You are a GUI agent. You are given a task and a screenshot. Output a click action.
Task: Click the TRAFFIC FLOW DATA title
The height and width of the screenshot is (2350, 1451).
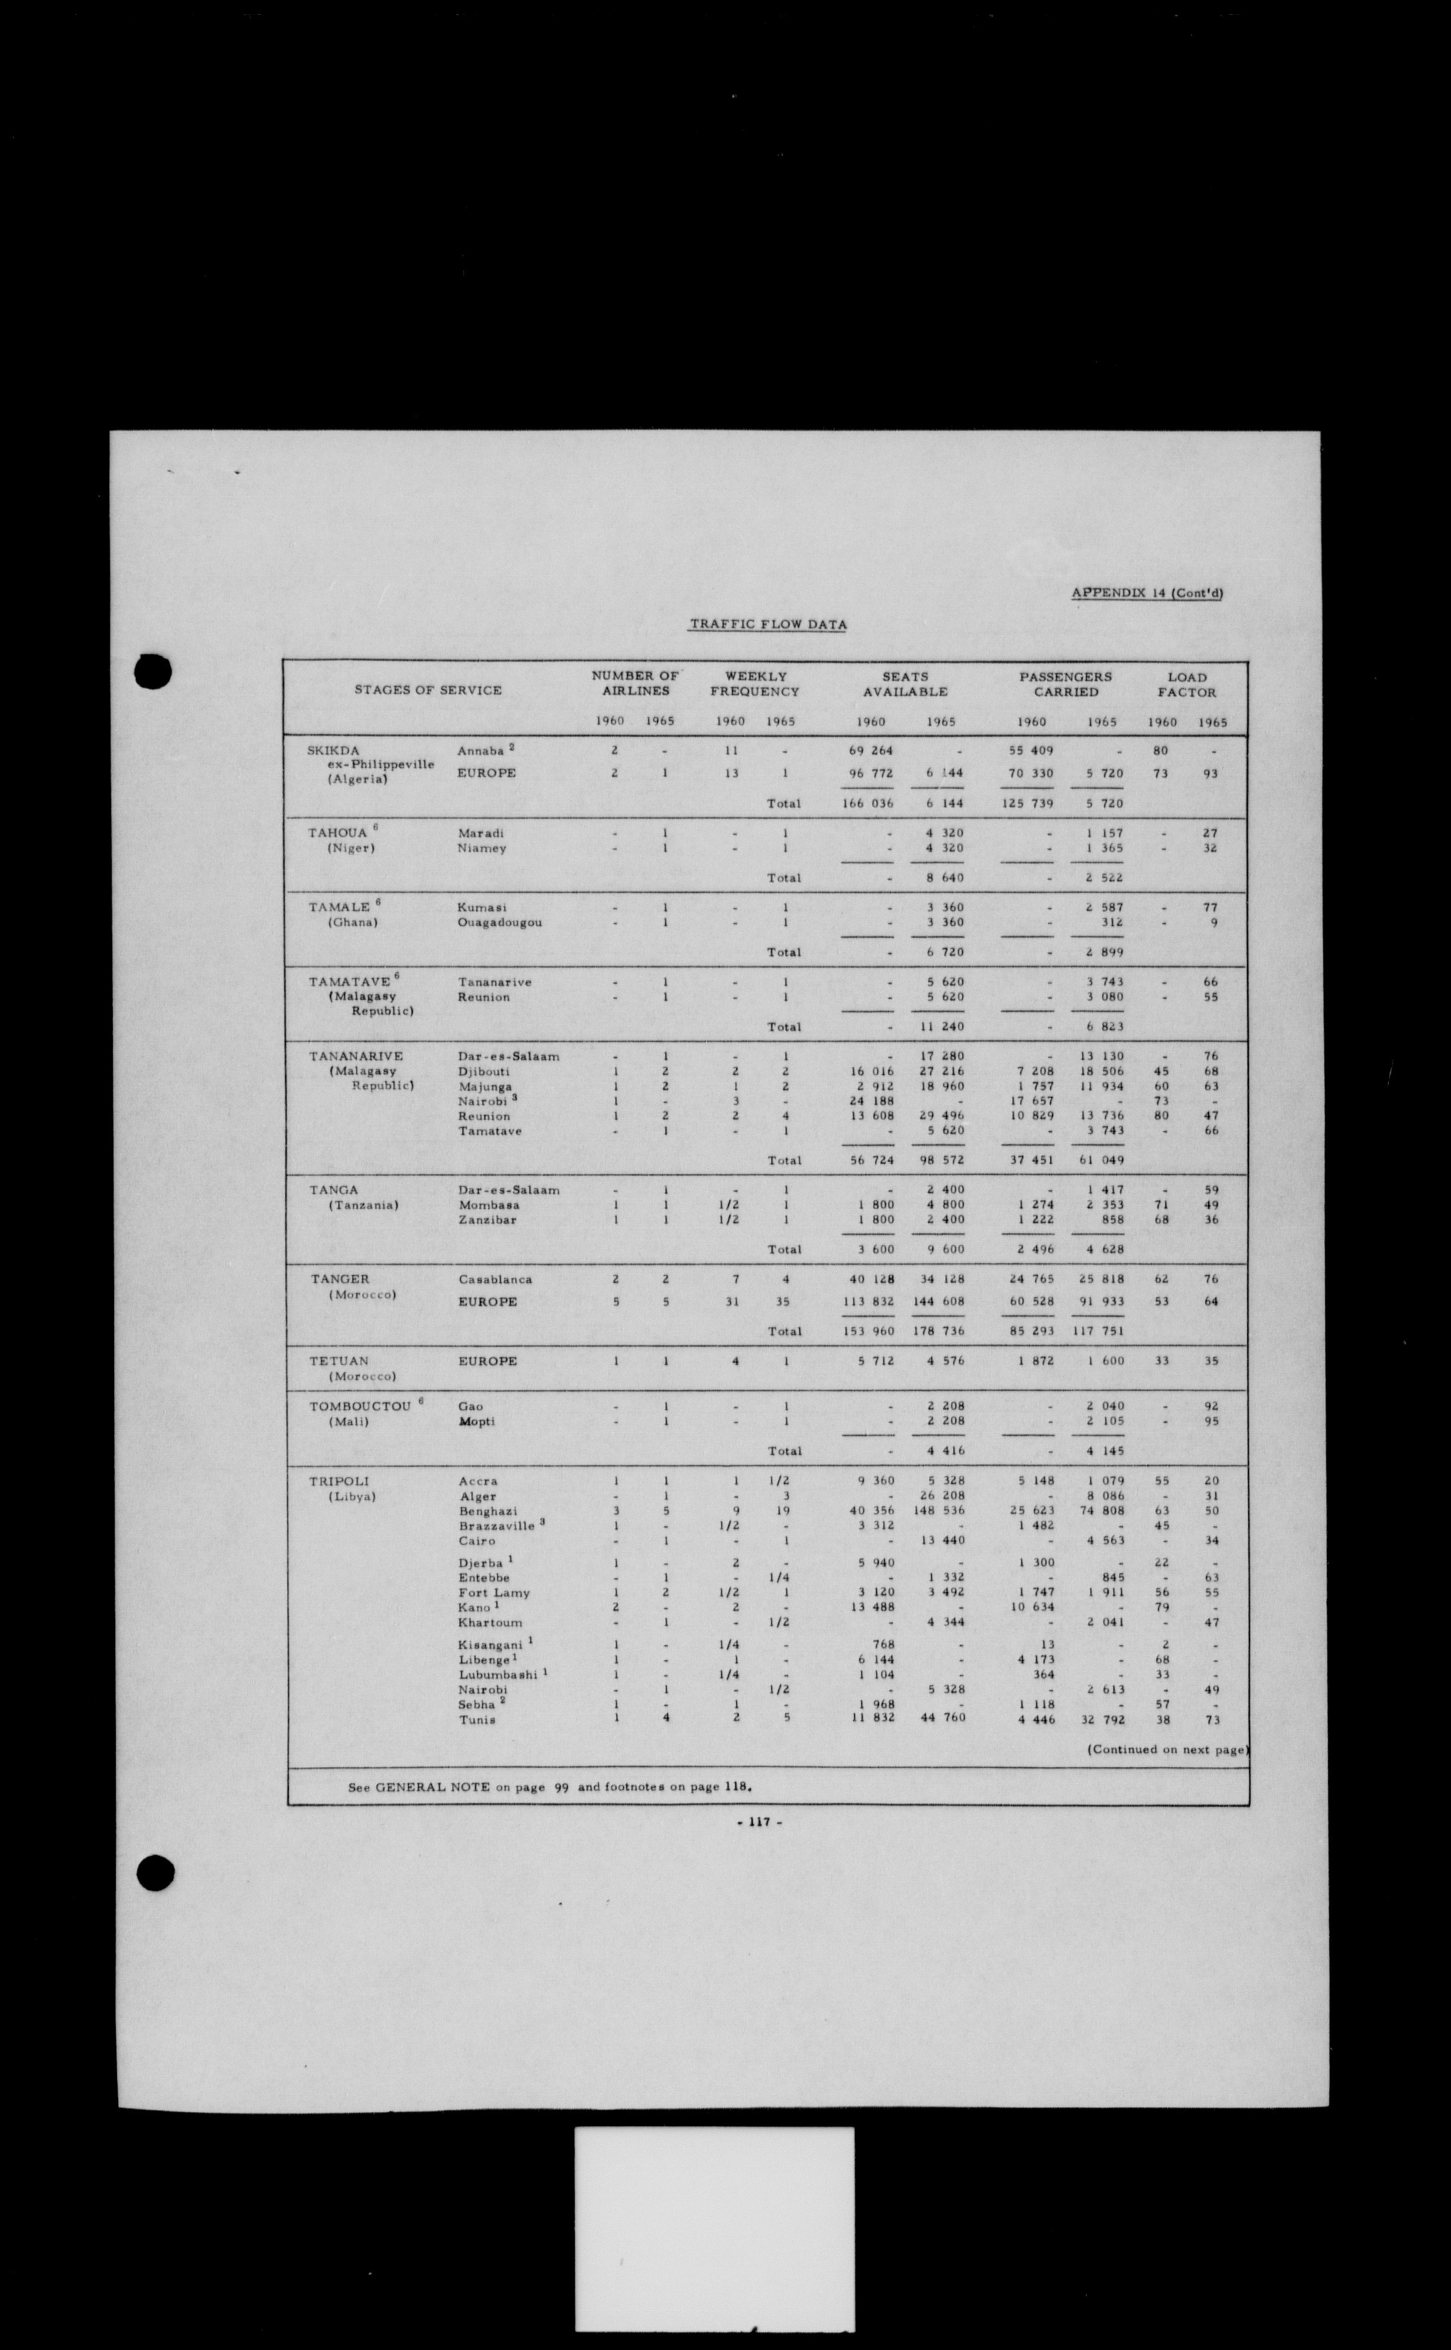pyautogui.click(x=767, y=624)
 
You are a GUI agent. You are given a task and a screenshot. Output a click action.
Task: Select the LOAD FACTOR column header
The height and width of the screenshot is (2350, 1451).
pyautogui.click(x=1186, y=684)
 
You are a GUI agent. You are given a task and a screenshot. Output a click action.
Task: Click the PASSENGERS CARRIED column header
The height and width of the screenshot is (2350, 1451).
pyautogui.click(x=1065, y=684)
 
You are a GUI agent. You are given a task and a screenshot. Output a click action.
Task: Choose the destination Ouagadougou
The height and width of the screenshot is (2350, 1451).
pyautogui.click(x=499, y=923)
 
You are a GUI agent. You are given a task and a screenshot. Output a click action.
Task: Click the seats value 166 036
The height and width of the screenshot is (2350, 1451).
pyautogui.click(x=867, y=803)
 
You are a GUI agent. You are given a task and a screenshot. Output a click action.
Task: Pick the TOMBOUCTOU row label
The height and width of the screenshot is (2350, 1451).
pyautogui.click(x=360, y=1406)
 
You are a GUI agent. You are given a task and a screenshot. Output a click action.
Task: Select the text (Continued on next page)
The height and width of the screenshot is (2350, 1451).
pyautogui.click(x=1167, y=1749)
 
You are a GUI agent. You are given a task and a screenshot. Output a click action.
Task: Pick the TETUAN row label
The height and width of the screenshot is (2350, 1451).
pyautogui.click(x=339, y=1361)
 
